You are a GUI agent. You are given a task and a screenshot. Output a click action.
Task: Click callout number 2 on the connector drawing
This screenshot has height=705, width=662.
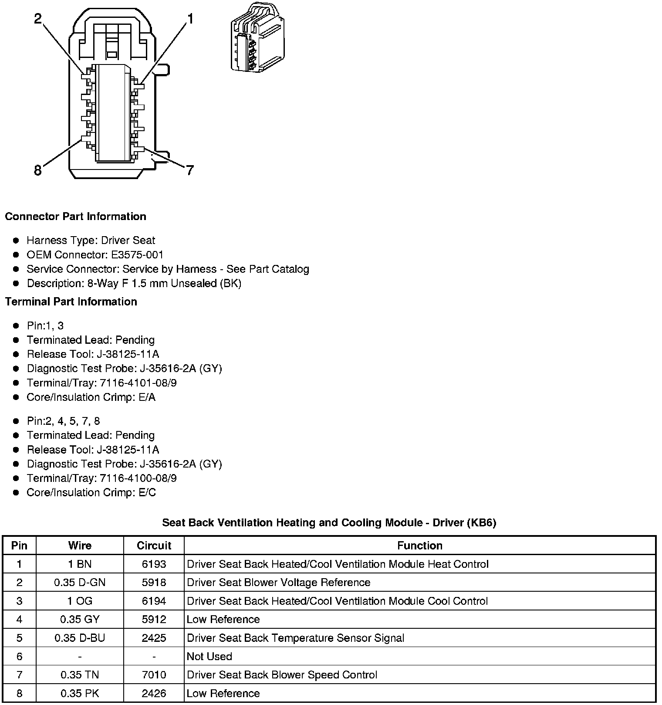38,18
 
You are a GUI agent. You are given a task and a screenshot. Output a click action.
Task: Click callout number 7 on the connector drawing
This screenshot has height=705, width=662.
189,170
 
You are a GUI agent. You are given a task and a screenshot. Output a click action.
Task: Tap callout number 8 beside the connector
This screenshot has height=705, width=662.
38,170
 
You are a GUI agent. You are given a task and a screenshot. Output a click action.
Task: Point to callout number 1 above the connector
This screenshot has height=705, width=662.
190,18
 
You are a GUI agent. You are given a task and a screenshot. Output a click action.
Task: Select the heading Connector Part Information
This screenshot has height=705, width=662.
75,217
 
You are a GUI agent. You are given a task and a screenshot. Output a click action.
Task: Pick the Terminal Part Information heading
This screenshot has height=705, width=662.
71,302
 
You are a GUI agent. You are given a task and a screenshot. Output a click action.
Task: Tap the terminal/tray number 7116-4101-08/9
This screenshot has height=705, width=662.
138,383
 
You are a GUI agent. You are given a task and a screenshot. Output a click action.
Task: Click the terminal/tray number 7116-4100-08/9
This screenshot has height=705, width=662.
138,478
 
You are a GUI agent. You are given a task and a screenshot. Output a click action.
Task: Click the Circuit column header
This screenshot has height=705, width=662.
154,546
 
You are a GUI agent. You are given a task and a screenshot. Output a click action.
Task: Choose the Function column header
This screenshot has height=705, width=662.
419,546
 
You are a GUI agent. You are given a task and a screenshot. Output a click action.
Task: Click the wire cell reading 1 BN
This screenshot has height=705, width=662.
80,564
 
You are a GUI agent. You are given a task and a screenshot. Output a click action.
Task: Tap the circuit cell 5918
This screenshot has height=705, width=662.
154,583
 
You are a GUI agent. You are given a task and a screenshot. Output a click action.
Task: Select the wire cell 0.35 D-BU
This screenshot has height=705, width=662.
80,638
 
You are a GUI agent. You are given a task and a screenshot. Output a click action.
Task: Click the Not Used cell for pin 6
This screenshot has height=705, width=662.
209,656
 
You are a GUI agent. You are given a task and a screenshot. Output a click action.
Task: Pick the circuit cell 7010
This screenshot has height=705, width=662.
154,675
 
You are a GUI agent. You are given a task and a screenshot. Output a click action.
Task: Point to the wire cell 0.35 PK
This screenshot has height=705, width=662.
80,693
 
